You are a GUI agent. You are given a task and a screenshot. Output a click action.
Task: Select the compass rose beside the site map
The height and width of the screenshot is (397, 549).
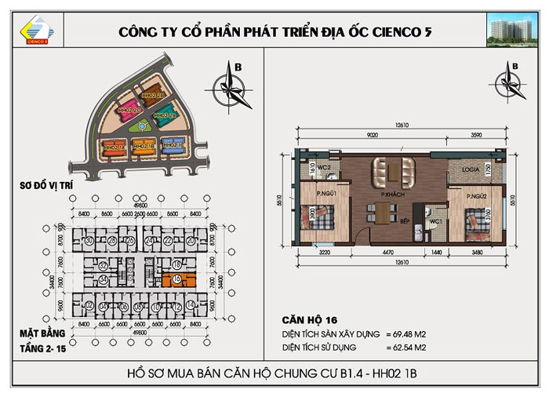coord(233,78)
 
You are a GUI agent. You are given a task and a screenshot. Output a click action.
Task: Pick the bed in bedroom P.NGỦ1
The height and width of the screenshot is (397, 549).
coord(322,216)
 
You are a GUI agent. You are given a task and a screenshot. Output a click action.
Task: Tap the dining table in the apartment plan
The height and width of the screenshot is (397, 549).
coord(381,212)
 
